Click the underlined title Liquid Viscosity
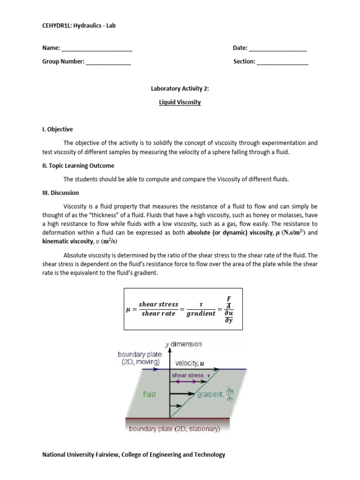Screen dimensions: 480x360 pos(180,102)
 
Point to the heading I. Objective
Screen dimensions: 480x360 pos(58,129)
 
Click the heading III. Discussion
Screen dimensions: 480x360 pos(60,193)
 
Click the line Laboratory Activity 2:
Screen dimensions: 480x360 pos(180,88)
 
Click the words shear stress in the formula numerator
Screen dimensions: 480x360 pos(158,304)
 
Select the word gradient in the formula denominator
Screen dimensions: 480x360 pos(201,314)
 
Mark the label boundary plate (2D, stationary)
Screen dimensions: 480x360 pos(174,428)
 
